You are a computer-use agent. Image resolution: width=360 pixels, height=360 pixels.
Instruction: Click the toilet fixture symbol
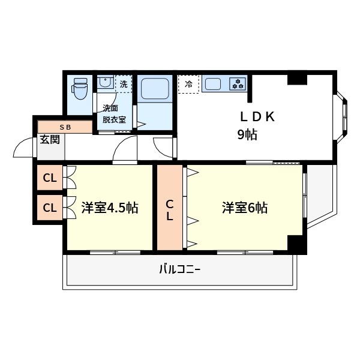click(x=80, y=88)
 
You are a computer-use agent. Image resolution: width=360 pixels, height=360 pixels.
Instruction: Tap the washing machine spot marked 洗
click(x=124, y=84)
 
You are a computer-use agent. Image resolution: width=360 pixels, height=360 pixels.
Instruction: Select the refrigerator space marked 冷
click(x=188, y=84)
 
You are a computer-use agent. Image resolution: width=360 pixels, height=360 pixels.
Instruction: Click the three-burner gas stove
click(x=238, y=83)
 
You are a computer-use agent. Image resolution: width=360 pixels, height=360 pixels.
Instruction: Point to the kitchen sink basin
click(x=213, y=84)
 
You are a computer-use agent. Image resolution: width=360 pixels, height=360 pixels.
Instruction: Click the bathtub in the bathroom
click(x=155, y=89)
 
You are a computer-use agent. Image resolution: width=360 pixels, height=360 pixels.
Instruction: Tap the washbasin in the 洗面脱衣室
click(x=105, y=83)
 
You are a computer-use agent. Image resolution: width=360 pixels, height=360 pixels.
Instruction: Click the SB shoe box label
click(x=65, y=127)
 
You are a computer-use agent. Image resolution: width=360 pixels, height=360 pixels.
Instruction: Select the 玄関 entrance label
click(x=50, y=139)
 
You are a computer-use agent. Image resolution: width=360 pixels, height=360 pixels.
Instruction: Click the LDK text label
click(x=257, y=116)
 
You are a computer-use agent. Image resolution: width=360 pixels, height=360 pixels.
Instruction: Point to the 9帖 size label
click(x=247, y=134)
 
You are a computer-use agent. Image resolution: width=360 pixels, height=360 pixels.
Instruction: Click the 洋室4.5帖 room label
click(x=110, y=208)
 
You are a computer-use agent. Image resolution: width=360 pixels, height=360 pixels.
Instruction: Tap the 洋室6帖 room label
click(x=245, y=208)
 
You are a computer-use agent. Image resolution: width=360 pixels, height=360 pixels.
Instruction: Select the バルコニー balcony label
click(x=180, y=269)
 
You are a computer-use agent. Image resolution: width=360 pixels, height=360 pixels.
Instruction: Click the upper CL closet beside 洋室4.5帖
click(x=50, y=178)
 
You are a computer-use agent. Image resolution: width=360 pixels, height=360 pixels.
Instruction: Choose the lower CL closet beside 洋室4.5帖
click(x=50, y=208)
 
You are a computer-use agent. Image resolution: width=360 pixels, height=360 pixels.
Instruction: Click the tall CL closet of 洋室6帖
click(x=170, y=208)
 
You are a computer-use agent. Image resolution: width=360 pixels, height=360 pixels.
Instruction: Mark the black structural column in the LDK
click(x=298, y=80)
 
